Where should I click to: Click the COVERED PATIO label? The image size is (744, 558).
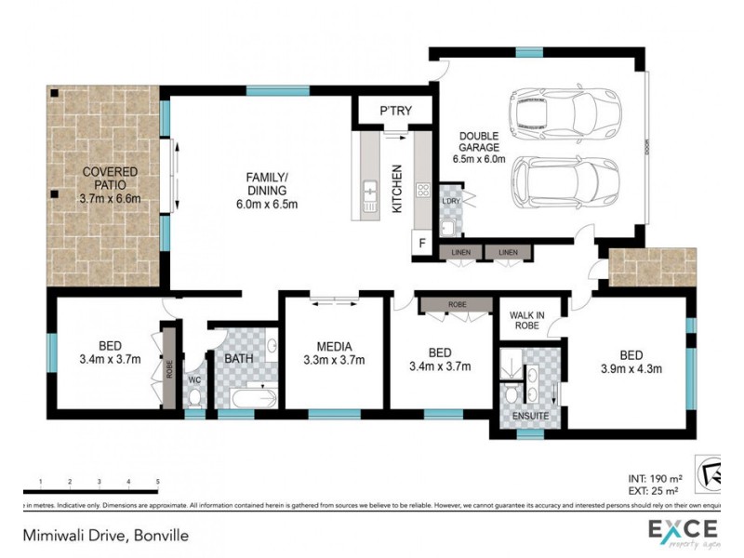[x=110, y=184]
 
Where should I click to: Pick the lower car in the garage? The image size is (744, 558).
[x=565, y=180]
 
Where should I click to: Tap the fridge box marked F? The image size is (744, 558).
[x=421, y=245]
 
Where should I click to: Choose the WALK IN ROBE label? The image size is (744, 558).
[x=527, y=320]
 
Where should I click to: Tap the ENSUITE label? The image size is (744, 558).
[x=530, y=416]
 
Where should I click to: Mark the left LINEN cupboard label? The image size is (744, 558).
[x=462, y=253]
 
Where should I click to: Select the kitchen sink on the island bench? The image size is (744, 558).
[x=369, y=193]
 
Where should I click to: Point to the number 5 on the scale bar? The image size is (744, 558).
[x=157, y=481]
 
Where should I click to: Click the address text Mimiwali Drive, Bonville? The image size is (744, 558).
[x=107, y=536]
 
